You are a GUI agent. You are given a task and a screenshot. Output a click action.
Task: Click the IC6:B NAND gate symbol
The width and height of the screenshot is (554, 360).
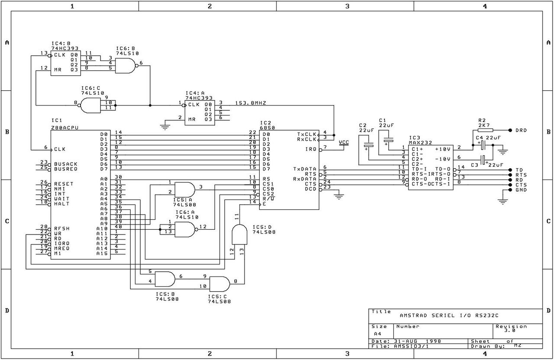(126, 66)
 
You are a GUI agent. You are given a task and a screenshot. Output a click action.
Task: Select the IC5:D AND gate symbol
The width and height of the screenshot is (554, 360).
(239, 235)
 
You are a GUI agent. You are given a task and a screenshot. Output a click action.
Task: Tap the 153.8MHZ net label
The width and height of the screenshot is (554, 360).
(251, 103)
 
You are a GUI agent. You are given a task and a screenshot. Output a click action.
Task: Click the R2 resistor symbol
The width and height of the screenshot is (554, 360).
(485, 130)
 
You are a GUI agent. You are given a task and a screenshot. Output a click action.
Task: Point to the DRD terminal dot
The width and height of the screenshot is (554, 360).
(510, 130)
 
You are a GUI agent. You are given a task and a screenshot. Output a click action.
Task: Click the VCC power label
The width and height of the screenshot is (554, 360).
(344, 142)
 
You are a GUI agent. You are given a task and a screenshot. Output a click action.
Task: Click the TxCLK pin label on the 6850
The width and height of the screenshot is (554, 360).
(307, 134)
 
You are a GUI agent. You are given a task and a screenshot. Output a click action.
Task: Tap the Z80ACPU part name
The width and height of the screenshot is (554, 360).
(65, 128)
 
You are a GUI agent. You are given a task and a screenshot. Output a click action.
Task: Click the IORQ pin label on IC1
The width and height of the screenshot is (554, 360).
(62, 243)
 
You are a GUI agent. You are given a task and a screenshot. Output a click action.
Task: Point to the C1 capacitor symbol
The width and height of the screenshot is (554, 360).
(388, 141)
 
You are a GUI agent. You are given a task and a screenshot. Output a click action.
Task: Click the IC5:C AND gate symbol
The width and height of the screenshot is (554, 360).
(219, 284)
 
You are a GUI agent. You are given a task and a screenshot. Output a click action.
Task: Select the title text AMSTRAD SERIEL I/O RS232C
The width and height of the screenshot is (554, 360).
(449, 315)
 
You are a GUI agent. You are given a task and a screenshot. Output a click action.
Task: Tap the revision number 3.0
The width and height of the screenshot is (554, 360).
(510, 330)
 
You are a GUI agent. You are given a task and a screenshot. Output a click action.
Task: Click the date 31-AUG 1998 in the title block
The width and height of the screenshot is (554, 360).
(418, 341)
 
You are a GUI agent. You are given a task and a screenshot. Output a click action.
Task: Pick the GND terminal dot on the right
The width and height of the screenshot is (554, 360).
(510, 190)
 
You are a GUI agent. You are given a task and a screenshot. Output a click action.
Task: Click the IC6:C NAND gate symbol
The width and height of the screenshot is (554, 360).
(91, 106)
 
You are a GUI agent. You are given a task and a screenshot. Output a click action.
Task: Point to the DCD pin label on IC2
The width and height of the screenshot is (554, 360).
(311, 189)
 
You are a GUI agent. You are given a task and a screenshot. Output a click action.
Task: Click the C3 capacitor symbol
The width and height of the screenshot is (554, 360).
(483, 160)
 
